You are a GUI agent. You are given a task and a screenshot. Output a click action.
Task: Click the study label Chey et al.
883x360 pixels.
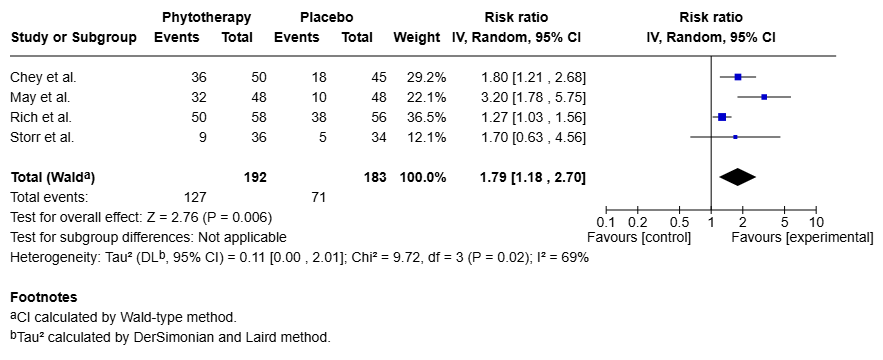point(43,77)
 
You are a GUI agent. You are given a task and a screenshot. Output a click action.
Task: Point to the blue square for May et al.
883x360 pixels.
point(764,97)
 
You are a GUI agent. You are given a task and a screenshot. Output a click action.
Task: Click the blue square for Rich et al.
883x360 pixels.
point(722,117)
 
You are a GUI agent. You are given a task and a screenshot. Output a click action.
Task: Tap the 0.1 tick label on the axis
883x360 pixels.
point(605,221)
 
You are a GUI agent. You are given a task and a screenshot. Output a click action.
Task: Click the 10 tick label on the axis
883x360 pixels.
point(816,221)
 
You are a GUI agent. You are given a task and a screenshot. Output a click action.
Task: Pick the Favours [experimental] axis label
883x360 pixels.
point(802,237)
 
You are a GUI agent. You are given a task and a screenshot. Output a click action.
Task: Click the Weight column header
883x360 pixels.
point(416,37)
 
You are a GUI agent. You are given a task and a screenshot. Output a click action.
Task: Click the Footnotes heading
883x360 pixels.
point(43,297)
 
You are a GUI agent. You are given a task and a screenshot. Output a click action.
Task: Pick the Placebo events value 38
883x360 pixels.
point(306,117)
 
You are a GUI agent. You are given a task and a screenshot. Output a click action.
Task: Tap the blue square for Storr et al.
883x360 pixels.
point(735,137)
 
